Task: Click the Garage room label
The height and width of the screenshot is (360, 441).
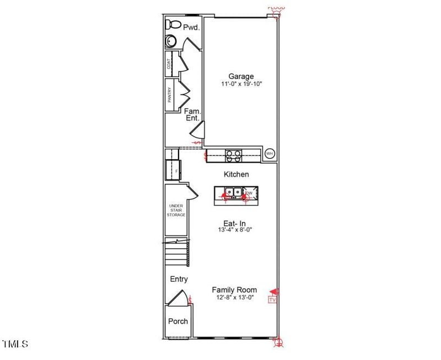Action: [241, 77]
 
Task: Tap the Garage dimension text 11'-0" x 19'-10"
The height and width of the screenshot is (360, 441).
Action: [241, 84]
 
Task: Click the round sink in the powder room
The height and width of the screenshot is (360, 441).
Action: [171, 41]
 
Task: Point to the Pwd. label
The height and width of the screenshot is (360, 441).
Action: [191, 27]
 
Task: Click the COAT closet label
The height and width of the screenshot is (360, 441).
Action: [169, 64]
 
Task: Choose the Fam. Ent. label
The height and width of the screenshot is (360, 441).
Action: [192, 115]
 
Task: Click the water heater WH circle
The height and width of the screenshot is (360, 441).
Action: [270, 154]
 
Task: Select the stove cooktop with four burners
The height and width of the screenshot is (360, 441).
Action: [233, 156]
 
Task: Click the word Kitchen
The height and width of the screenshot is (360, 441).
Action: [236, 174]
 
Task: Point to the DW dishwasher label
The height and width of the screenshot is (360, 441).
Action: [249, 194]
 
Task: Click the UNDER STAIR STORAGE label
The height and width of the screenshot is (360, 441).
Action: [176, 211]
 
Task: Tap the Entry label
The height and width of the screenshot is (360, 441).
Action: [179, 280]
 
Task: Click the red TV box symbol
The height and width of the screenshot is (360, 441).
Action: [271, 299]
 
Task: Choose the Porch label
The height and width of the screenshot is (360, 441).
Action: [178, 321]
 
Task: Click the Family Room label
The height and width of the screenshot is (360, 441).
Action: [234, 290]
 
